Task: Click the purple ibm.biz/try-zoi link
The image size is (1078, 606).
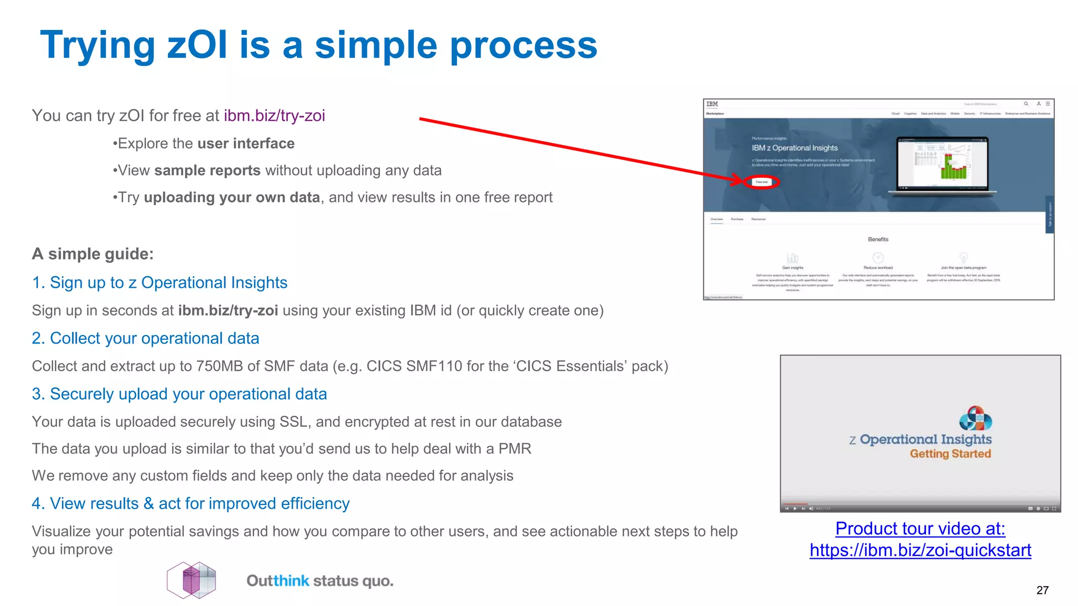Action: pos(274,116)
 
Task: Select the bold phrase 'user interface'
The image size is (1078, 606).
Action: pos(246,144)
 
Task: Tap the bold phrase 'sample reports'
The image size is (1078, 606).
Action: pos(207,170)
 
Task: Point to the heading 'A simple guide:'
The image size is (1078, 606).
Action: pos(93,254)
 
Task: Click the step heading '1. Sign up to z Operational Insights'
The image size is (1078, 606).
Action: pos(159,283)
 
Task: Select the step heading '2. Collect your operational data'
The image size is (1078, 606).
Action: pos(145,338)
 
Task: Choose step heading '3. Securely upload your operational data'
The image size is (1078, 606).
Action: pos(179,394)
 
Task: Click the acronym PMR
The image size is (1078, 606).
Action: pos(514,449)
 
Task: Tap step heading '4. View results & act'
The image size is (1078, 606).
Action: pos(190,503)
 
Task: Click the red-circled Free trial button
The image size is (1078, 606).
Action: pos(762,182)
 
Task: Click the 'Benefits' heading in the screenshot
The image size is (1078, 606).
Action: pos(878,239)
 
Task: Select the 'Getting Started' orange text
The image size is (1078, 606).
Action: pos(950,454)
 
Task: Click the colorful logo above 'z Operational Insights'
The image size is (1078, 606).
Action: pos(975,418)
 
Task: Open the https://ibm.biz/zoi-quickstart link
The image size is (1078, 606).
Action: pos(920,550)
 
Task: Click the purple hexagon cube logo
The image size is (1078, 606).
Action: pos(192,580)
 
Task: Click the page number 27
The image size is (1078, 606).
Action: pos(1042,590)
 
